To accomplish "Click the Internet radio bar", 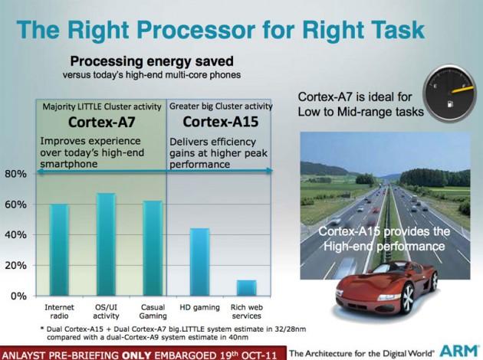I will pos(59,250).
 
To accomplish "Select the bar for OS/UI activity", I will pos(106,244).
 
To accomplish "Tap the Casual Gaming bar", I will pos(153,248).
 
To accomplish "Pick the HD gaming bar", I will pos(199,262).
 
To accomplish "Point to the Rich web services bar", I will pos(247,288).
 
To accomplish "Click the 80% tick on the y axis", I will pos(15,174).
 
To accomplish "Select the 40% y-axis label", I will pos(15,234).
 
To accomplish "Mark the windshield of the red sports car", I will pos(373,271).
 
